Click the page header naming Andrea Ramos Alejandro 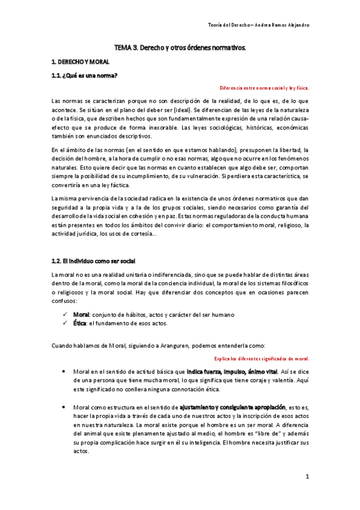[x=263, y=25]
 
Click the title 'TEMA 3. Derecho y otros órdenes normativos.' [x=180, y=47]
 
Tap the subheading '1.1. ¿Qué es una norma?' [x=85, y=75]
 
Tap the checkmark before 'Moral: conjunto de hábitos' [x=65, y=315]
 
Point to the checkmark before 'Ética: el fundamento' [x=65, y=323]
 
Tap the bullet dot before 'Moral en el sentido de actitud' [x=64, y=372]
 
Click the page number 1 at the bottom [x=307, y=477]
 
